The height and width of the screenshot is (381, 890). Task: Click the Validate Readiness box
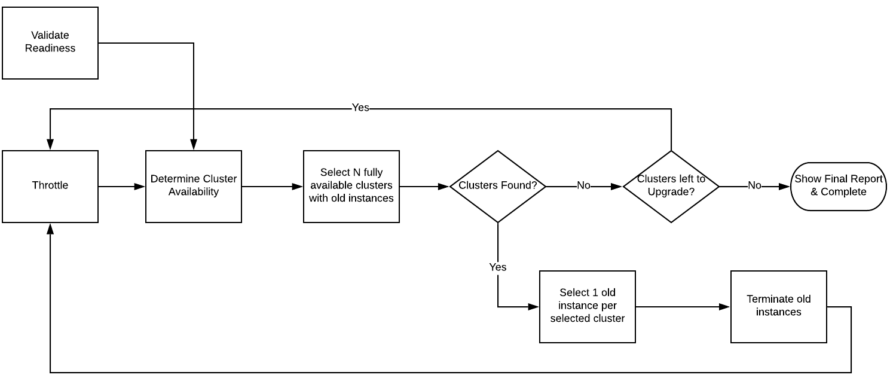click(x=50, y=43)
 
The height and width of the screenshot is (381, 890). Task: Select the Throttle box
click(x=50, y=186)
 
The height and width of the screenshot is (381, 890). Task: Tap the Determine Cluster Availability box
click(x=194, y=186)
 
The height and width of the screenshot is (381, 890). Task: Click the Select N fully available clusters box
click(x=351, y=186)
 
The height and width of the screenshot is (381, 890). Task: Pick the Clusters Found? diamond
click(x=497, y=186)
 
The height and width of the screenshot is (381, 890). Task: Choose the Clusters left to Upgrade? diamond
click(x=671, y=186)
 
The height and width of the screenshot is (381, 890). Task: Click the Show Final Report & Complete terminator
click(x=838, y=186)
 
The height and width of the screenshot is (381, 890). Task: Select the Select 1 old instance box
click(x=587, y=306)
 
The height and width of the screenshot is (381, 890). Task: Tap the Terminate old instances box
click(x=778, y=306)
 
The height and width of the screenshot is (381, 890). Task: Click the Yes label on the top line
click(x=360, y=108)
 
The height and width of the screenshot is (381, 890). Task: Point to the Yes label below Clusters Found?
click(x=497, y=267)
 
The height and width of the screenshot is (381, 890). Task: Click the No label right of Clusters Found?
click(x=583, y=186)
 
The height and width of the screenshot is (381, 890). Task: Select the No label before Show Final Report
click(x=754, y=186)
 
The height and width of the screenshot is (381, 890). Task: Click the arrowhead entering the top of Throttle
click(x=50, y=145)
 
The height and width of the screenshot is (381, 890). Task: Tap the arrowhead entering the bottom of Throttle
click(x=50, y=228)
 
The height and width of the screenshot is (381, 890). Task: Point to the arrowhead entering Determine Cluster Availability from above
click(x=194, y=145)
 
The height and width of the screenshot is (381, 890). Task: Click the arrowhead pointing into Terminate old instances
click(x=724, y=307)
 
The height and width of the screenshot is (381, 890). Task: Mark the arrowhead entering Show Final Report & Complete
click(x=785, y=187)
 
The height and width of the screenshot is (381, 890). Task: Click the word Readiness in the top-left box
click(x=50, y=48)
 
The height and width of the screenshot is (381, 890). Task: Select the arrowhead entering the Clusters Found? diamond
click(x=444, y=187)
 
